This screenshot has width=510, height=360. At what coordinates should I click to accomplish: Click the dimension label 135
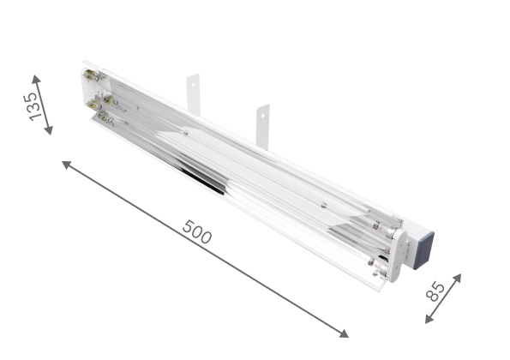tap(34, 106)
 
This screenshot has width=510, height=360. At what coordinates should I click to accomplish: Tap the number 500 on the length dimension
tap(197, 232)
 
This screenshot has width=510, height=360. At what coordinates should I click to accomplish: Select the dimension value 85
tap(435, 291)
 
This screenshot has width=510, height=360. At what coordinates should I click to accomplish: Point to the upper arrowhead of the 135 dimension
tap(36, 79)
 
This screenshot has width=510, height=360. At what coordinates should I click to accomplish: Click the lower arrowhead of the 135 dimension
tap(48, 130)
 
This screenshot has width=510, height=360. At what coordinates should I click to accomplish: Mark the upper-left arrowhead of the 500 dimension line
tap(66, 165)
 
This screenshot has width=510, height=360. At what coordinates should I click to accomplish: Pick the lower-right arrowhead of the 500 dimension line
tap(344, 333)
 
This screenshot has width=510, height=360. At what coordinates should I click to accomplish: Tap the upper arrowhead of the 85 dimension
tap(456, 279)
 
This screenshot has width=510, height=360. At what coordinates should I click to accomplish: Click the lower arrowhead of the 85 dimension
tap(429, 319)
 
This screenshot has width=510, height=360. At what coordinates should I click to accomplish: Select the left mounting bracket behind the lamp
tap(193, 94)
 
